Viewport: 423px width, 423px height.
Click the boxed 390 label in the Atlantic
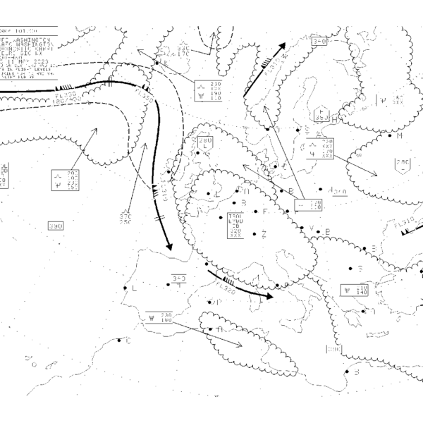(x=56, y=226)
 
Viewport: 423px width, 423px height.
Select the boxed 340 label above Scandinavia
(x=319, y=42)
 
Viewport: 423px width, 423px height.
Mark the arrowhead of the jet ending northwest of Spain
(x=171, y=250)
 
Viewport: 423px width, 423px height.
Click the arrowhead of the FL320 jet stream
(x=272, y=297)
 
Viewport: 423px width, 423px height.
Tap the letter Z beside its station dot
(x=264, y=234)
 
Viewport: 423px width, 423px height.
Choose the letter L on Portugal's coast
(x=134, y=288)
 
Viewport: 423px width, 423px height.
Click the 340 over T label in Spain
(x=178, y=281)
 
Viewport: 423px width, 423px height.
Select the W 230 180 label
(x=160, y=318)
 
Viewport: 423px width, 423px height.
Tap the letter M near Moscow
(x=398, y=136)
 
